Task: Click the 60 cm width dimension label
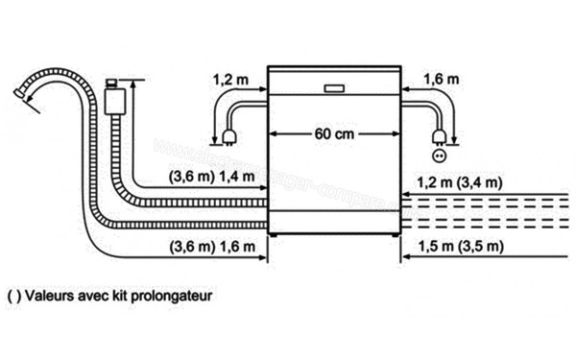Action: point(332,133)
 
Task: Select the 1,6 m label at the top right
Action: point(442,77)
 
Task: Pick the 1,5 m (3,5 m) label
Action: point(455,247)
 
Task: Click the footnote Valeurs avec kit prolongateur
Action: point(108,296)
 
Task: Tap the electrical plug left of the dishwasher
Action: point(230,135)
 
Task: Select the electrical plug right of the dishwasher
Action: point(440,135)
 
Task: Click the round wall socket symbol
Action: point(440,154)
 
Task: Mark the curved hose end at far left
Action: point(21,94)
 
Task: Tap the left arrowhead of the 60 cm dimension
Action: point(272,133)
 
